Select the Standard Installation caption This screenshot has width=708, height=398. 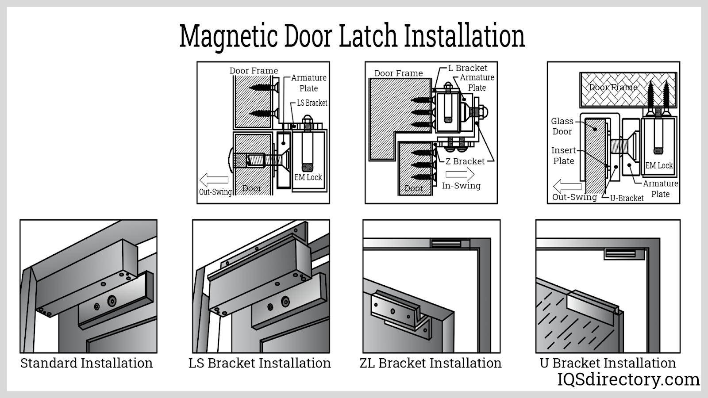pyautogui.click(x=87, y=363)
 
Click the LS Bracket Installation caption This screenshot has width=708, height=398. pyautogui.click(x=260, y=363)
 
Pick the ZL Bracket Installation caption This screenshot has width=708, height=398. pyautogui.click(x=431, y=363)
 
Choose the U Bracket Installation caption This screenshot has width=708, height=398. pyautogui.click(x=608, y=363)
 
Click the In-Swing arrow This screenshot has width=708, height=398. pyautogui.click(x=460, y=175)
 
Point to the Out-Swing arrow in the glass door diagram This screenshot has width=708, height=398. pyautogui.click(x=567, y=186)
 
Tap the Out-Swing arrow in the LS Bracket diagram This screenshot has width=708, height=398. pyautogui.click(x=214, y=180)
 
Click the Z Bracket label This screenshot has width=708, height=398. pyautogui.click(x=465, y=161)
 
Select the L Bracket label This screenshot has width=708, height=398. pyautogui.click(x=468, y=68)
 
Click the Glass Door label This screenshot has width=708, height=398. pyautogui.click(x=562, y=126)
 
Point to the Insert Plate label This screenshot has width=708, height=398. pyautogui.click(x=564, y=156)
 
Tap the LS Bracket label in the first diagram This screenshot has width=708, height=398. pyautogui.click(x=312, y=103)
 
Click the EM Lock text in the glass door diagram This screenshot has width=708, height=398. pyautogui.click(x=659, y=165)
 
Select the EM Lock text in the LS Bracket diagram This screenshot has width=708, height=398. pyautogui.click(x=308, y=177)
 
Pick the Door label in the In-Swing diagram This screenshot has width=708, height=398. pyautogui.click(x=414, y=188)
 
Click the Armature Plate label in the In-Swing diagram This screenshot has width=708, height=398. pyautogui.click(x=477, y=82)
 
